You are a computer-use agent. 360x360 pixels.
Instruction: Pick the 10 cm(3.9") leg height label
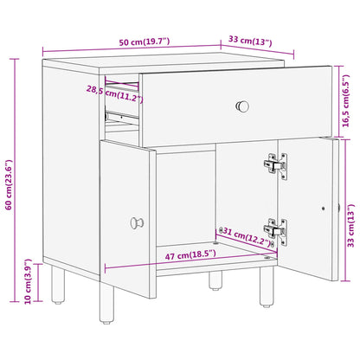pyautogui.click(x=28, y=284)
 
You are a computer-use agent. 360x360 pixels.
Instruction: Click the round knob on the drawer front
pyautogui.click(x=242, y=106)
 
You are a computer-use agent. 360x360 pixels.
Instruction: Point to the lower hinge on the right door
pyautogui.click(x=275, y=228)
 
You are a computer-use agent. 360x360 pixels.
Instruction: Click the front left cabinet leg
pyautogui.click(x=58, y=286)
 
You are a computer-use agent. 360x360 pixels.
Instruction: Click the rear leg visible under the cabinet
pyautogui.click(x=212, y=279)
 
